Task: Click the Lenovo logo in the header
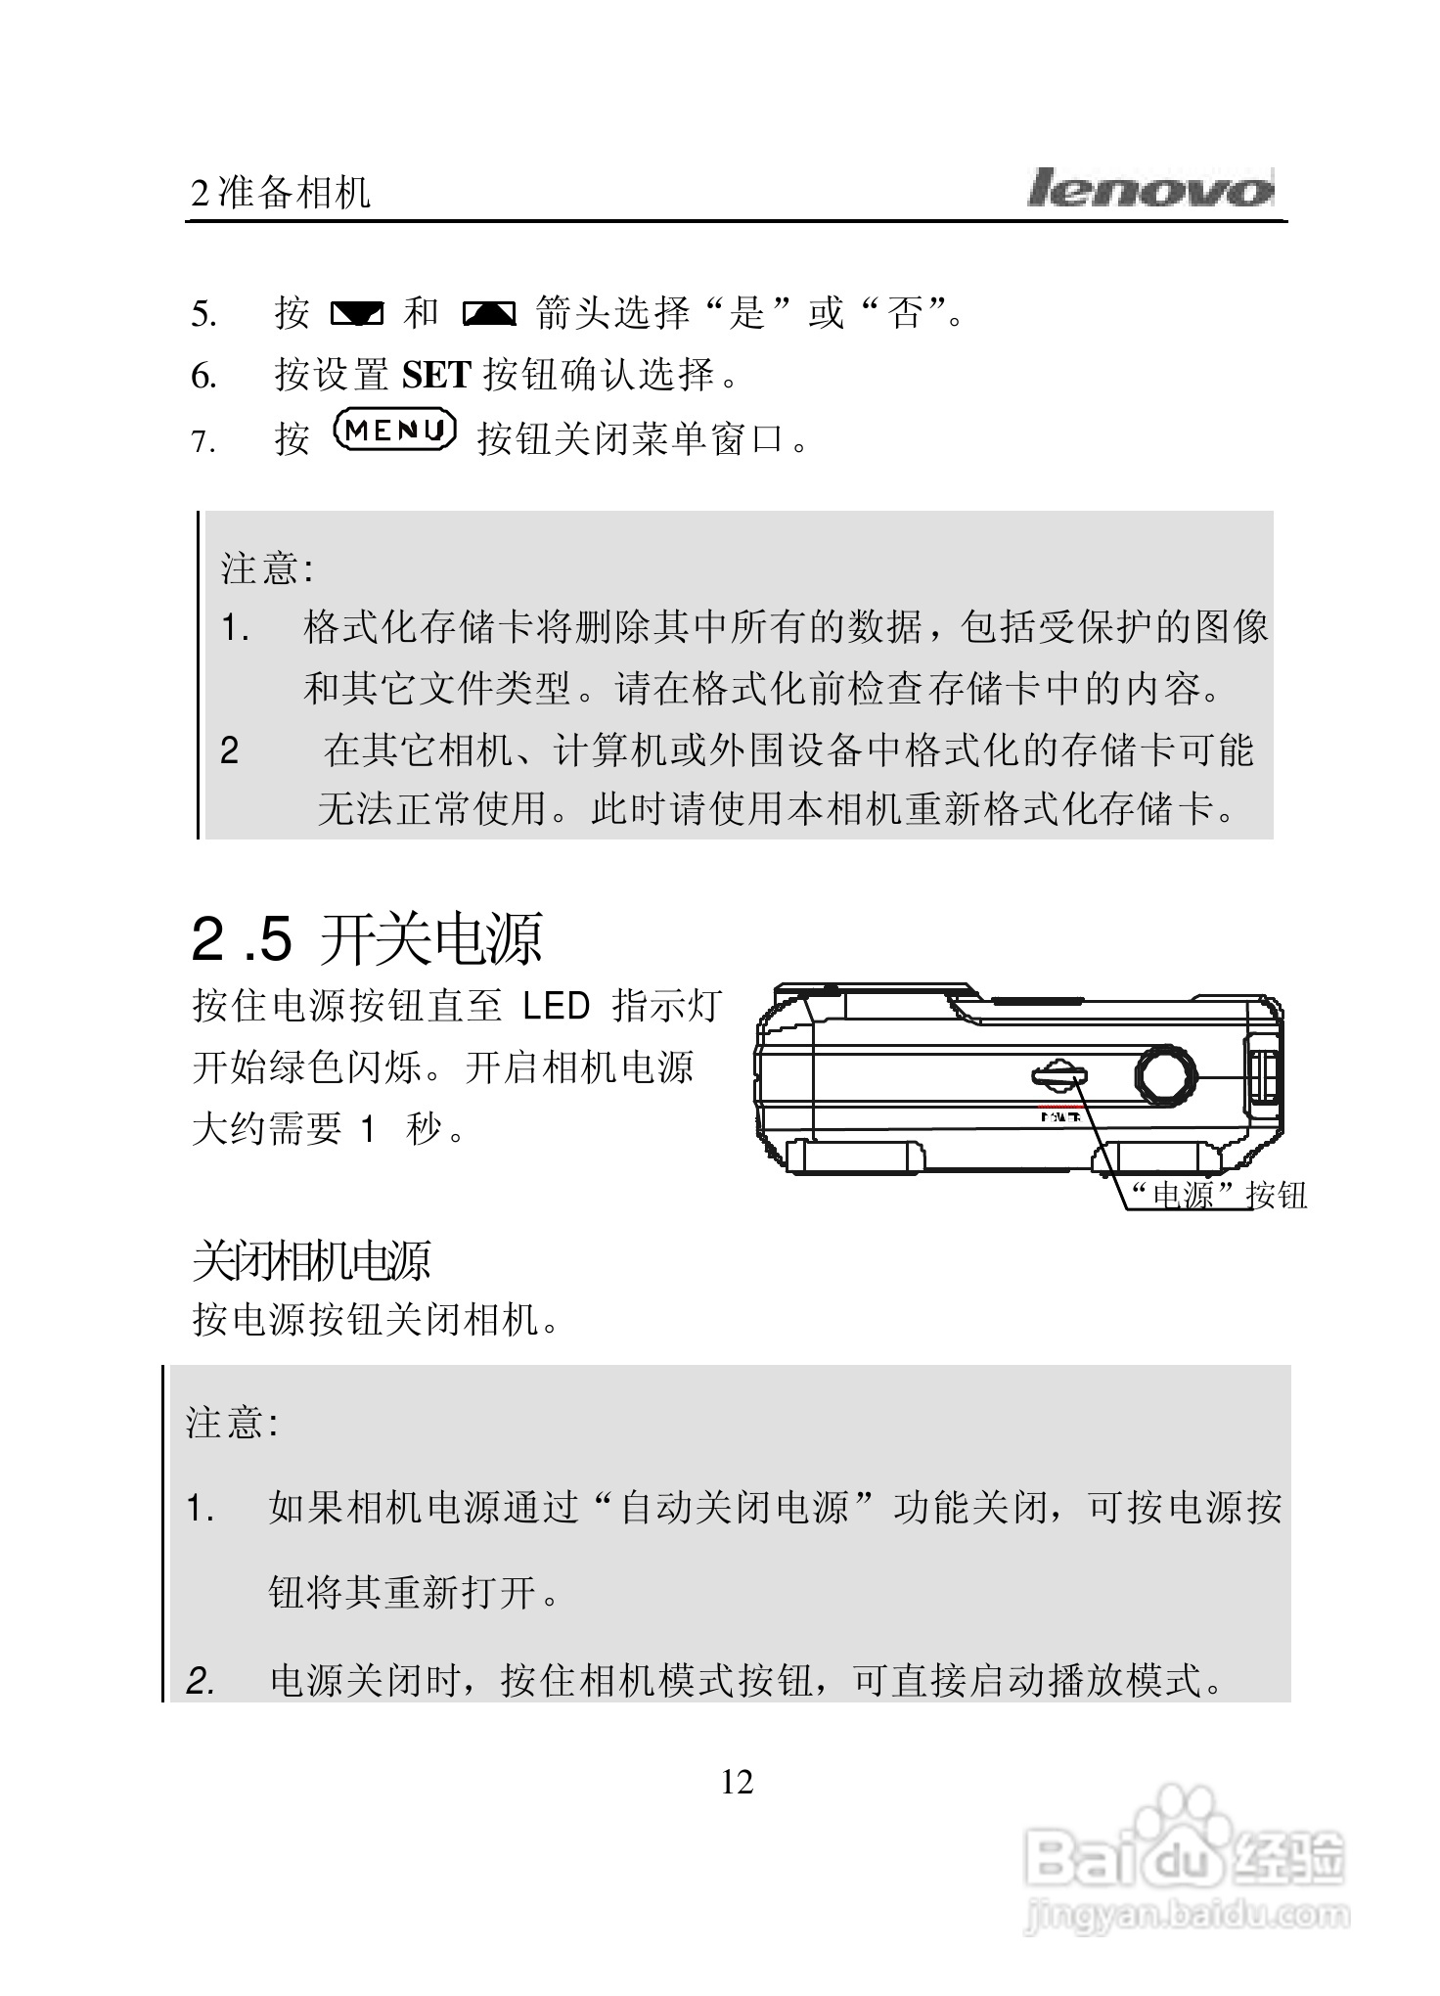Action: tap(1149, 189)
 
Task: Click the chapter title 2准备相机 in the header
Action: tap(281, 193)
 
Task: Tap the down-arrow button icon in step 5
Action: tap(356, 314)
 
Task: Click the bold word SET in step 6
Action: tap(436, 375)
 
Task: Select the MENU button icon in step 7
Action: tap(394, 431)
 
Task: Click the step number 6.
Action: tap(202, 377)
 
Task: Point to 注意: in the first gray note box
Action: tap(266, 568)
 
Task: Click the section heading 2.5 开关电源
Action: tap(366, 938)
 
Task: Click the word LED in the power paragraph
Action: tap(557, 1006)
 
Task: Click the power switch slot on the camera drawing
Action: tap(1058, 1076)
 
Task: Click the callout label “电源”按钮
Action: tap(1217, 1195)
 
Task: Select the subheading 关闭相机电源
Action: tap(311, 1261)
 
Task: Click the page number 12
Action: tap(737, 1782)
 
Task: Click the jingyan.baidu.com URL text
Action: tap(1186, 1914)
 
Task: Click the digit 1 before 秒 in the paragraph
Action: tap(367, 1130)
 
